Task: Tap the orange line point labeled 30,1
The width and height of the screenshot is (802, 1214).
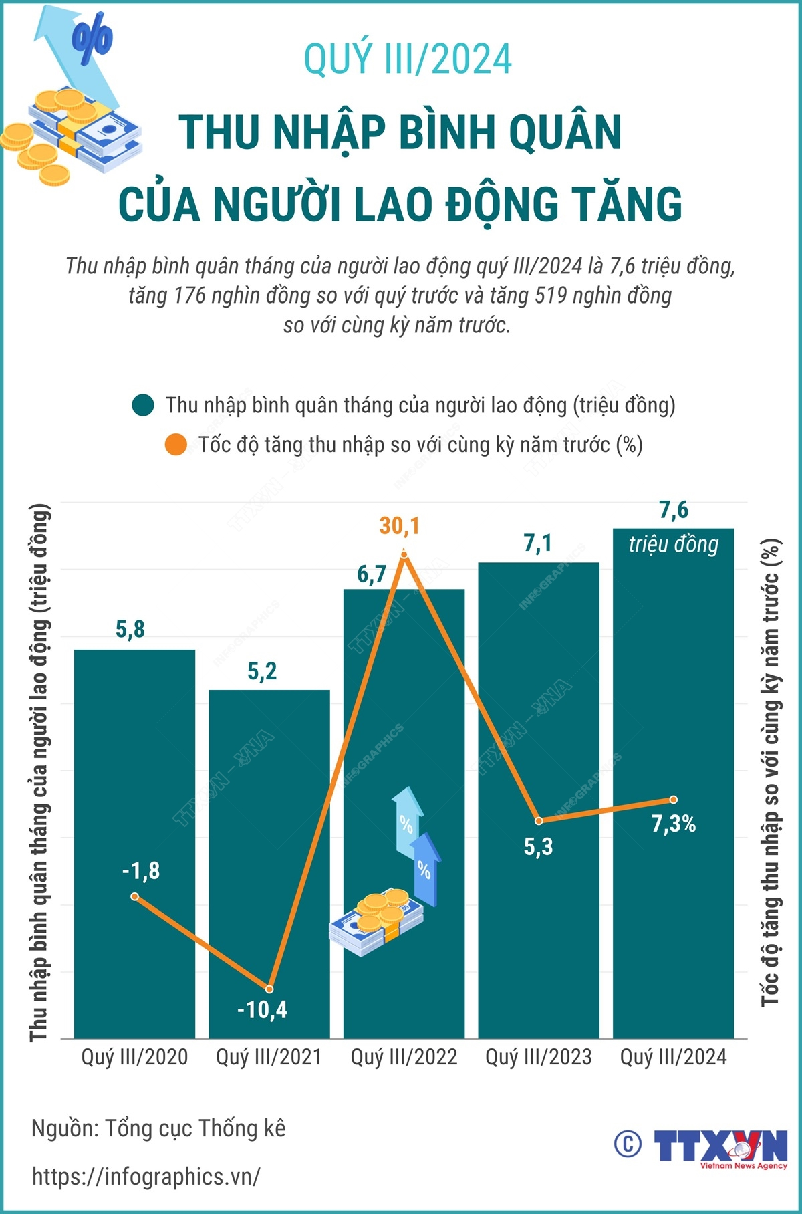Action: click(x=404, y=554)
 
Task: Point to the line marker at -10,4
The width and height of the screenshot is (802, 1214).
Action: click(x=269, y=989)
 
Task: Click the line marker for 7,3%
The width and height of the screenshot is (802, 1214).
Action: click(x=674, y=800)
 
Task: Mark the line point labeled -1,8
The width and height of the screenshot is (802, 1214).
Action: click(x=134, y=896)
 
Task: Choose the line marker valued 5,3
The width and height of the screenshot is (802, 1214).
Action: click(x=539, y=820)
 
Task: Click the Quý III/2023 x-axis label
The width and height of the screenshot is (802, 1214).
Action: click(x=539, y=1057)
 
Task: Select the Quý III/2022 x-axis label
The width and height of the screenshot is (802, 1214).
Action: click(x=404, y=1057)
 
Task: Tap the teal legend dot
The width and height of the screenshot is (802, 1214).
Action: click(x=143, y=405)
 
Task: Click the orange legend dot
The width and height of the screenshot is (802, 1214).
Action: click(x=176, y=445)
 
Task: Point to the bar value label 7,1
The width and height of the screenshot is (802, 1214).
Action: click(x=538, y=543)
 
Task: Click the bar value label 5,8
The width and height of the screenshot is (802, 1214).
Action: click(x=130, y=629)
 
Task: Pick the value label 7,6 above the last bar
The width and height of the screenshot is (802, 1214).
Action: click(x=674, y=511)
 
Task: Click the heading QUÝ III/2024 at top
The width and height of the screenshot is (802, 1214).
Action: click(x=408, y=59)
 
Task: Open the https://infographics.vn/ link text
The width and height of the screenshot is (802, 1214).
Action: click(x=146, y=1176)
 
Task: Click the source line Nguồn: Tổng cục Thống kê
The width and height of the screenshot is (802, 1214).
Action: click(x=158, y=1128)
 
